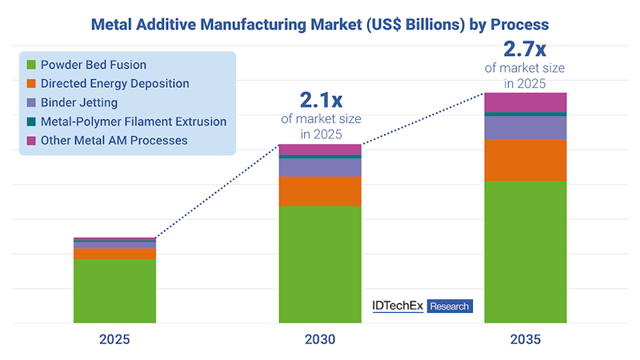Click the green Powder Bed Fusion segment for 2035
pyautogui.click(x=526, y=252)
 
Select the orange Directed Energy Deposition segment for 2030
pyautogui.click(x=320, y=191)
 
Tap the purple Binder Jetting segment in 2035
pyautogui.click(x=526, y=128)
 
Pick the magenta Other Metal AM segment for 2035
pyautogui.click(x=526, y=102)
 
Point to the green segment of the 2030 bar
pyautogui.click(x=320, y=264)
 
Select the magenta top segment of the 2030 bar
pyautogui.click(x=320, y=150)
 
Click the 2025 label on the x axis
pyautogui.click(x=114, y=339)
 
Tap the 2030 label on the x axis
pyautogui.click(x=320, y=339)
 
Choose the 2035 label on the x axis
pyautogui.click(x=526, y=339)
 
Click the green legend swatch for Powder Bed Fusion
pyautogui.click(x=31, y=65)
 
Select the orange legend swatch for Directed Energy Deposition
pyautogui.click(x=31, y=84)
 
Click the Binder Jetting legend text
pyautogui.click(x=79, y=102)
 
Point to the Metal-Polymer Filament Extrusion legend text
pyautogui.click(x=134, y=122)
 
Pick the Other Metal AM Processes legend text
pyautogui.click(x=114, y=140)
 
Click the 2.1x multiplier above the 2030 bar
pyautogui.click(x=321, y=100)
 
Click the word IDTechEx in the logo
pyautogui.click(x=398, y=306)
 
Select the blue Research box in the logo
pyautogui.click(x=450, y=306)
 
